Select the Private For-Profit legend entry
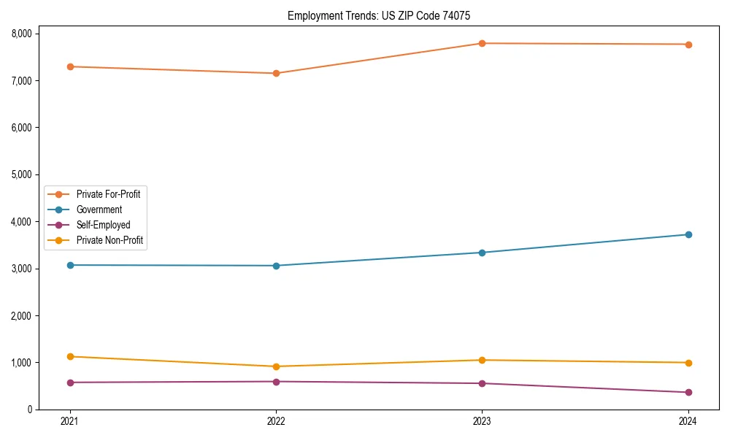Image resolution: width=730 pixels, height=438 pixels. coord(108,194)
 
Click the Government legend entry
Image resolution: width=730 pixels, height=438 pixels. coord(99,210)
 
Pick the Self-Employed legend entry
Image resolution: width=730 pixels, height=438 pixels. coord(103,225)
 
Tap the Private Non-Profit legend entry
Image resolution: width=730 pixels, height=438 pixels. coord(109,240)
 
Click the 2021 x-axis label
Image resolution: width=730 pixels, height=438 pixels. coord(70,421)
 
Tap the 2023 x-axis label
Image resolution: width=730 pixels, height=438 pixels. coord(482,421)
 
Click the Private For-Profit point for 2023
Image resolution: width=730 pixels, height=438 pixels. coord(482,43)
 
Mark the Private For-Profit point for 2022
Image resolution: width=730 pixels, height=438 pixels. coord(276,73)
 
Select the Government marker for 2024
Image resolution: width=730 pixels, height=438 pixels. coord(688,234)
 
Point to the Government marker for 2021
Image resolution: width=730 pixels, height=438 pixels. coord(70,265)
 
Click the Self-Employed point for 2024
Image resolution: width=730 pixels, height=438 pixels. coord(688,392)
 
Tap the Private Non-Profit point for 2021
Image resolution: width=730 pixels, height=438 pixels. coord(70,356)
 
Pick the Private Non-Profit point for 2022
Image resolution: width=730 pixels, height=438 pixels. coord(276,366)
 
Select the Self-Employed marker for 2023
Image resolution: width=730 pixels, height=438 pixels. coord(482,383)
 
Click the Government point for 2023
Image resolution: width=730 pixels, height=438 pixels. coord(482,253)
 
